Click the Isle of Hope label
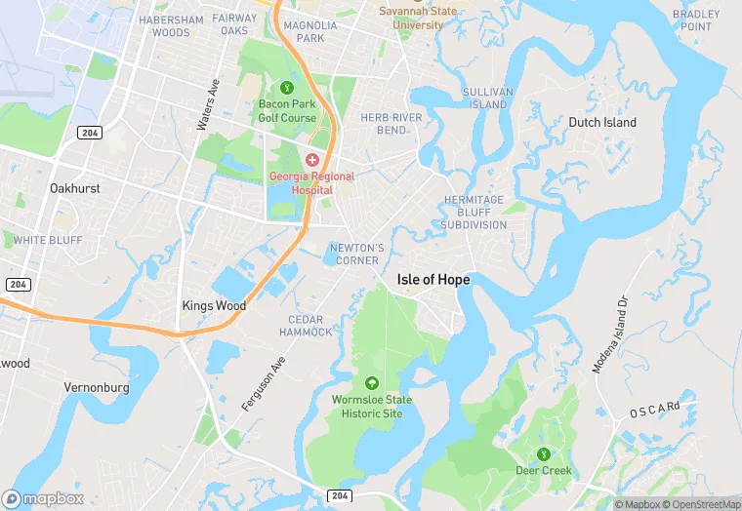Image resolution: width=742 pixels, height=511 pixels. (x=433, y=280)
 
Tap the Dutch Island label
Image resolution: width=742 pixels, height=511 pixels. (x=602, y=123)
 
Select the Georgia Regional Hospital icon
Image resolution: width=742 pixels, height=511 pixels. (x=312, y=159)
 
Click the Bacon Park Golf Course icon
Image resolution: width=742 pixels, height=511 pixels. (x=287, y=88)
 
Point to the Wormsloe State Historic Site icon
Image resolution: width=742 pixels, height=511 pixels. (x=371, y=383)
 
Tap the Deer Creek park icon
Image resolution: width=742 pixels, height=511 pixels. (x=542, y=453)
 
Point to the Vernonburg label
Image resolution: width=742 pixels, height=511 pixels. (x=97, y=387)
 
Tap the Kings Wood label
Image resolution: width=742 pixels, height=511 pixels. (x=214, y=305)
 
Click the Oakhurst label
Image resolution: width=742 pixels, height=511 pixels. (x=75, y=188)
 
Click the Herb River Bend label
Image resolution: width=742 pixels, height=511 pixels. (x=384, y=124)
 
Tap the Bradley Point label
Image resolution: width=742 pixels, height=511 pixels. (x=697, y=20)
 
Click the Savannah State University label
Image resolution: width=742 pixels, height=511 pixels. (x=418, y=18)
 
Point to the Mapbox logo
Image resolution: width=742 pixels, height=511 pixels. (x=43, y=498)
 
